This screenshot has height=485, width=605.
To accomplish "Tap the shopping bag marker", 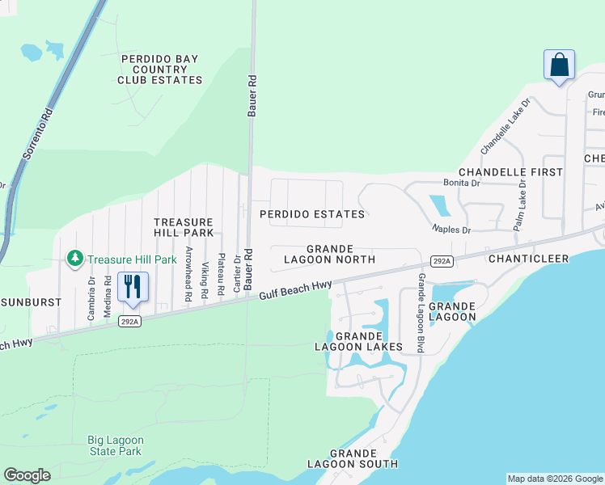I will (560, 65).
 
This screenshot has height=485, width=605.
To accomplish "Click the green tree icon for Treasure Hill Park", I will (75, 259).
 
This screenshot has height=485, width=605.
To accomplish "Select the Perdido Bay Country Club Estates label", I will (160, 70).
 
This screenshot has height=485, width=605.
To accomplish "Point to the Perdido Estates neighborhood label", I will (311, 214).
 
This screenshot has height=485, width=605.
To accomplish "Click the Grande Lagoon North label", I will (329, 254).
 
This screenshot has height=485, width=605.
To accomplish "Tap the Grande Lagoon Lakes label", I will (357, 341).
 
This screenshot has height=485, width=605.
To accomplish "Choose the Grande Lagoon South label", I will (353, 458).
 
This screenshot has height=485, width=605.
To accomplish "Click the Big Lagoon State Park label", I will (115, 445).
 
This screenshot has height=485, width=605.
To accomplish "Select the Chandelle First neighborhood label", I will (510, 172).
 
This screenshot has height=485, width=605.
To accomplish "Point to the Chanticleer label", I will (528, 258).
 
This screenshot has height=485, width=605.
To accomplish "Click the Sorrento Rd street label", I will (36, 134).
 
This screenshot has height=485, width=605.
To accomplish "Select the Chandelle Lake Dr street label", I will (505, 127).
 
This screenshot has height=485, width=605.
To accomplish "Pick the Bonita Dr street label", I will (461, 183).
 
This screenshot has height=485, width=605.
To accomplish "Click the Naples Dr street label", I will (451, 230).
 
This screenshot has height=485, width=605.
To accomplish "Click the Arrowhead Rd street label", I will (188, 273).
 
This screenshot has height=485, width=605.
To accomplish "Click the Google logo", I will (27, 475).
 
